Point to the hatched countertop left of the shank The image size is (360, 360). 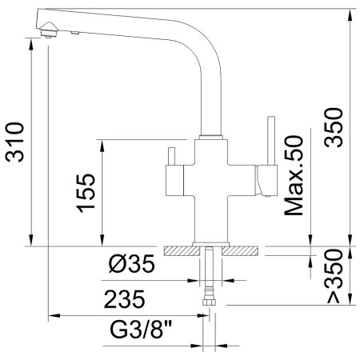coord(182,250)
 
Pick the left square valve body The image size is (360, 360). coord(174,178)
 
